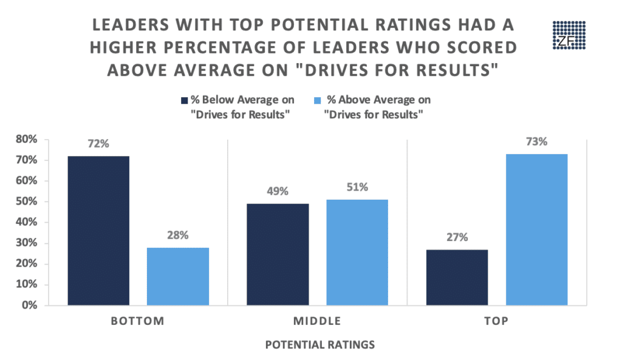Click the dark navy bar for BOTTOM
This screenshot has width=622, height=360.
tap(98, 231)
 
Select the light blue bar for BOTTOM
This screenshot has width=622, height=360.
tap(178, 276)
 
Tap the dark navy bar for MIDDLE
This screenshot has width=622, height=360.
tap(277, 254)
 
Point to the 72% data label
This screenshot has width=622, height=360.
tap(98, 145)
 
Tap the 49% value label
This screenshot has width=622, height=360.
tap(277, 192)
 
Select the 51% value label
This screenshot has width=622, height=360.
tap(357, 188)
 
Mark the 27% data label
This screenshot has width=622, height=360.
tap(457, 237)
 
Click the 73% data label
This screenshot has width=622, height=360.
tap(537, 142)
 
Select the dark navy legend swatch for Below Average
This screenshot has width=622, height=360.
tap(182, 101)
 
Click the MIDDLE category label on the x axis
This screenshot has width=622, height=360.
tap(316, 321)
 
